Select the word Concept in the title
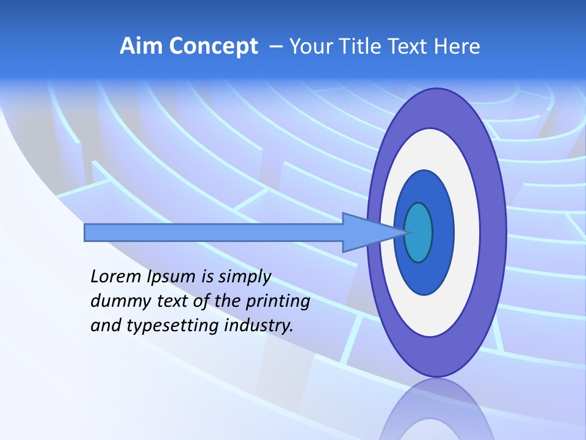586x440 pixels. pyautogui.click(x=213, y=46)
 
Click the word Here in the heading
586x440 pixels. pyautogui.click(x=457, y=46)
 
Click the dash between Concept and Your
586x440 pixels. pyautogui.click(x=276, y=46)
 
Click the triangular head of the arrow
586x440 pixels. pyautogui.click(x=366, y=233)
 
